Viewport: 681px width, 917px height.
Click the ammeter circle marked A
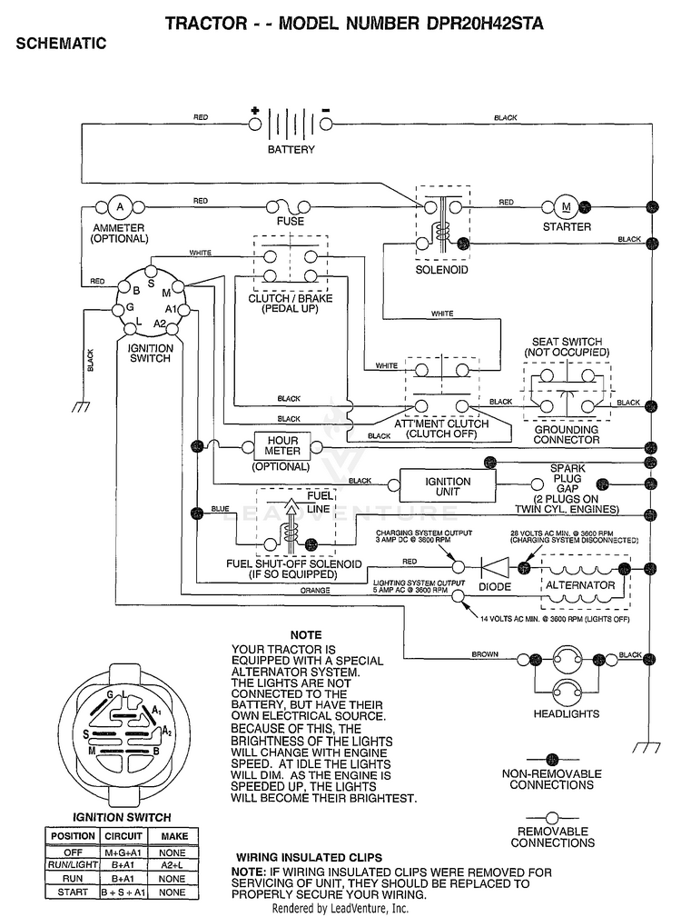coord(121,207)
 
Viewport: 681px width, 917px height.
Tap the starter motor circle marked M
coord(566,206)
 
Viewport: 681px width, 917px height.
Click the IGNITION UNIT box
coord(448,485)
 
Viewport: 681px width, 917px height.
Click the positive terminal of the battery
coord(255,124)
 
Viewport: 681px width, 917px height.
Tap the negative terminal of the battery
coord(326,124)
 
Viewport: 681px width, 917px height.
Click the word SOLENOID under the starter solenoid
coord(441,270)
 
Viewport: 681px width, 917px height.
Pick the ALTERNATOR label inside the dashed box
coord(580,584)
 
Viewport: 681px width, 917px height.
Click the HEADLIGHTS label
coord(566,713)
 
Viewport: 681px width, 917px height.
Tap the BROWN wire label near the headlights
coord(485,653)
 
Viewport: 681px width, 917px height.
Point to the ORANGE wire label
coord(315,591)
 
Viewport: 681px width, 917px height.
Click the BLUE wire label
coord(220,509)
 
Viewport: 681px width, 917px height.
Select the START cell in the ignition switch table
coord(73,892)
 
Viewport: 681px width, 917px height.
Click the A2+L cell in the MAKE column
coord(173,865)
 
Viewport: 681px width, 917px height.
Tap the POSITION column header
coord(73,836)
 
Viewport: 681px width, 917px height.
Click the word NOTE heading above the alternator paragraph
coord(306,635)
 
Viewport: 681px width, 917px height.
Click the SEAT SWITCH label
coord(567,342)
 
